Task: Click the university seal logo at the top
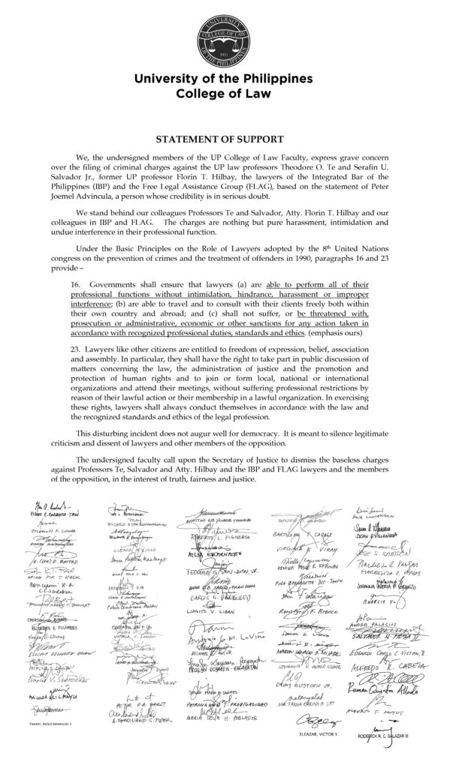(225, 34)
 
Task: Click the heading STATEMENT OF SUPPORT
(219, 139)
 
